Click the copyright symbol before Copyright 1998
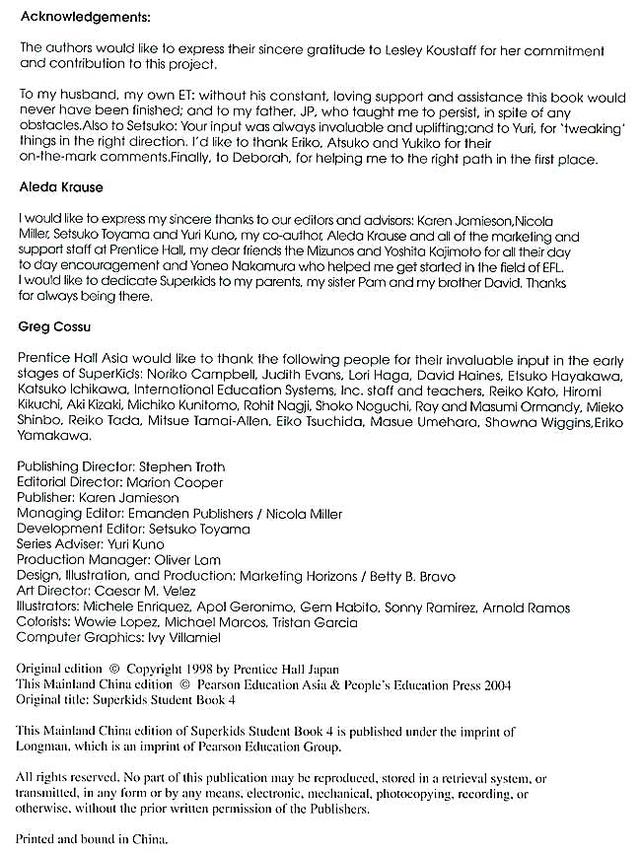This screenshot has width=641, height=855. (x=113, y=668)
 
